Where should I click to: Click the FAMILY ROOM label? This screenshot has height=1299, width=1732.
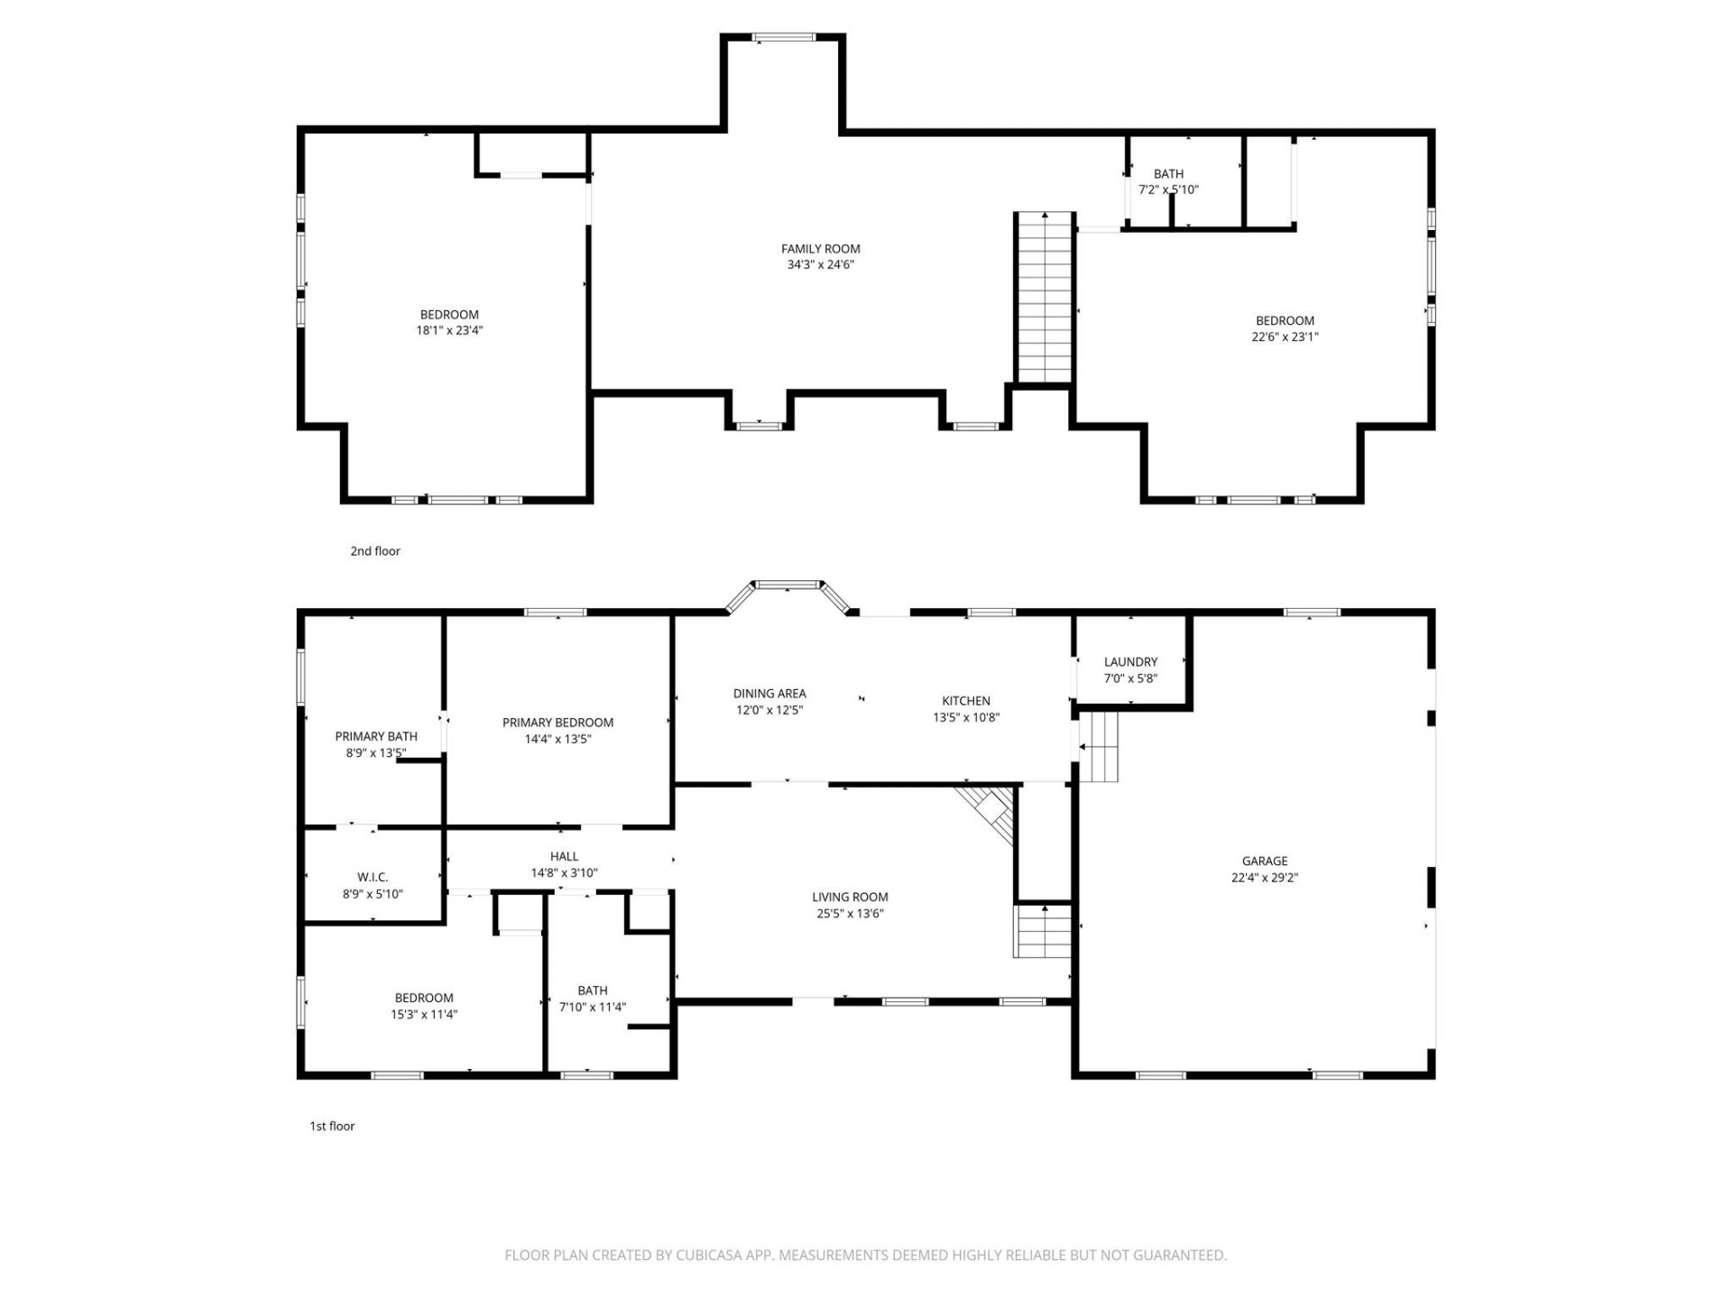tap(820, 249)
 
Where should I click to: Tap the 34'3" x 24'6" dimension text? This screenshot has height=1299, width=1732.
tap(820, 265)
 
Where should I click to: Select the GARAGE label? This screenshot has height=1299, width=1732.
tap(1264, 861)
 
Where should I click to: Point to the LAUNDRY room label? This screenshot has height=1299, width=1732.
tap(1130, 662)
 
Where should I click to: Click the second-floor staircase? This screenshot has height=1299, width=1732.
tap(1045, 298)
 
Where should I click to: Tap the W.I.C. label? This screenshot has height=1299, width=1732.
tap(373, 877)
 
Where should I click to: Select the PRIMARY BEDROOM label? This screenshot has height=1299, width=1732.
tap(557, 723)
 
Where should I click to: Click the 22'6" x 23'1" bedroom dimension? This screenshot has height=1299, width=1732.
tap(1285, 337)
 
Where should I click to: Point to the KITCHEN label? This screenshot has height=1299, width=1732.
tap(966, 701)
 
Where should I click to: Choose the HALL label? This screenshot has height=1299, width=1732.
tap(564, 856)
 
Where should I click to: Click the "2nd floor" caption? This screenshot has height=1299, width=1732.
tap(375, 551)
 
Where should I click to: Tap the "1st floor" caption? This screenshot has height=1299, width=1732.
tap(332, 1126)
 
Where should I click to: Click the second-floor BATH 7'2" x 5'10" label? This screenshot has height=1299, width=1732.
tap(1168, 174)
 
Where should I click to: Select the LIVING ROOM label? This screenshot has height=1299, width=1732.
tap(850, 897)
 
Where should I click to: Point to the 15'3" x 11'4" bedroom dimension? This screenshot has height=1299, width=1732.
tap(424, 1014)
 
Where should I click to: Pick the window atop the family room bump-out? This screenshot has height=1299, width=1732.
tap(784, 38)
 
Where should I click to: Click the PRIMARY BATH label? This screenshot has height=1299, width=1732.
tap(376, 736)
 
